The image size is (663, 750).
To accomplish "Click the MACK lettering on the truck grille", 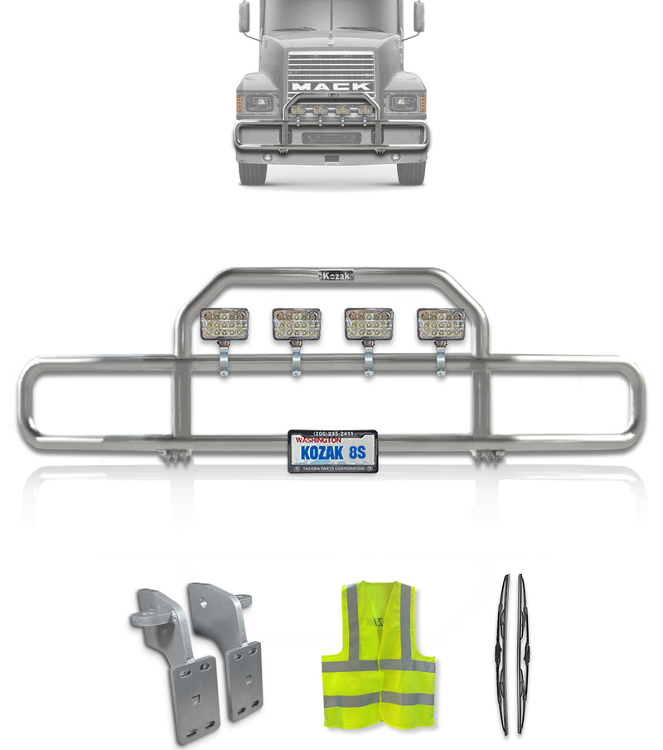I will coord(331,85).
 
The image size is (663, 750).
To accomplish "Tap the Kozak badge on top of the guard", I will coord(336,275).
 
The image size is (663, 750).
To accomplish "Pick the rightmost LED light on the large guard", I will coord(441,324).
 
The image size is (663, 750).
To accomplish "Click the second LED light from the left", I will coord(296,324).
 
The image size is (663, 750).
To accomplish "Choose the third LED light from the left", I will coord(369,324).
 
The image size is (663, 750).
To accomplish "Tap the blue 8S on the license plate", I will coord(357,453).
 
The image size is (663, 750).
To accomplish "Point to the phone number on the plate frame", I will coord(333,433).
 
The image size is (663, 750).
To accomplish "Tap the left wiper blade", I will coord(504,655).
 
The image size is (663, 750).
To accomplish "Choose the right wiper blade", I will coord(522,655).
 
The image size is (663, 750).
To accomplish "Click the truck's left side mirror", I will coord(244,17).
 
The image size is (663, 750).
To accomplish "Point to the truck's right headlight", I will coord(404,104).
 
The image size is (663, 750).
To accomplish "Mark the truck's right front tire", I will coord(410,172).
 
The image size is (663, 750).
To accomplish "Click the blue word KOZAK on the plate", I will coord(317,453).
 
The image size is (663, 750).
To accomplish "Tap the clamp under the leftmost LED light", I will coord(224,365).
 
